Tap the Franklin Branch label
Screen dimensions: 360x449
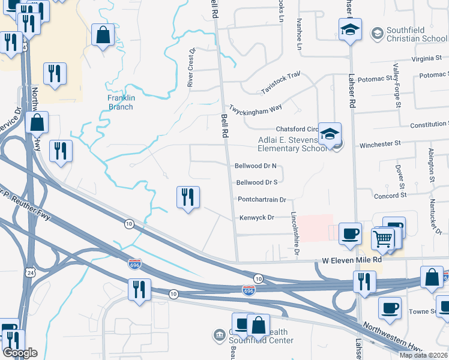121,102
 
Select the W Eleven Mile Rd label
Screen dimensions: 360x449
352,260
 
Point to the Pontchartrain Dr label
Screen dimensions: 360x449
262,199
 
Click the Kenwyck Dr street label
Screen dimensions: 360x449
256,218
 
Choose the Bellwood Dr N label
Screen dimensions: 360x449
255,166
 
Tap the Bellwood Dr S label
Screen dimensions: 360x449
257,182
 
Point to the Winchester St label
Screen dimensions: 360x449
379,144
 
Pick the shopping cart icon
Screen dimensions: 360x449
382,238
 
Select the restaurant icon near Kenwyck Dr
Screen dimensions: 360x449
188,197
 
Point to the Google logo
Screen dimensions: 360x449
20,353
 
